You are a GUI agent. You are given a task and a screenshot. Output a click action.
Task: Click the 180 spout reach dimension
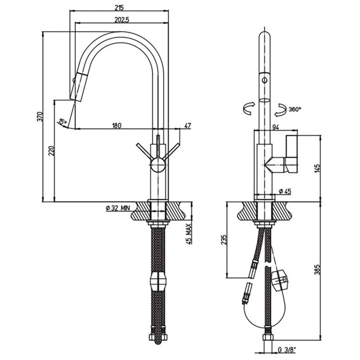coord(116,125)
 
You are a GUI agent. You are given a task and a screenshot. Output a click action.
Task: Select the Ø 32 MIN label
coord(118,208)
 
